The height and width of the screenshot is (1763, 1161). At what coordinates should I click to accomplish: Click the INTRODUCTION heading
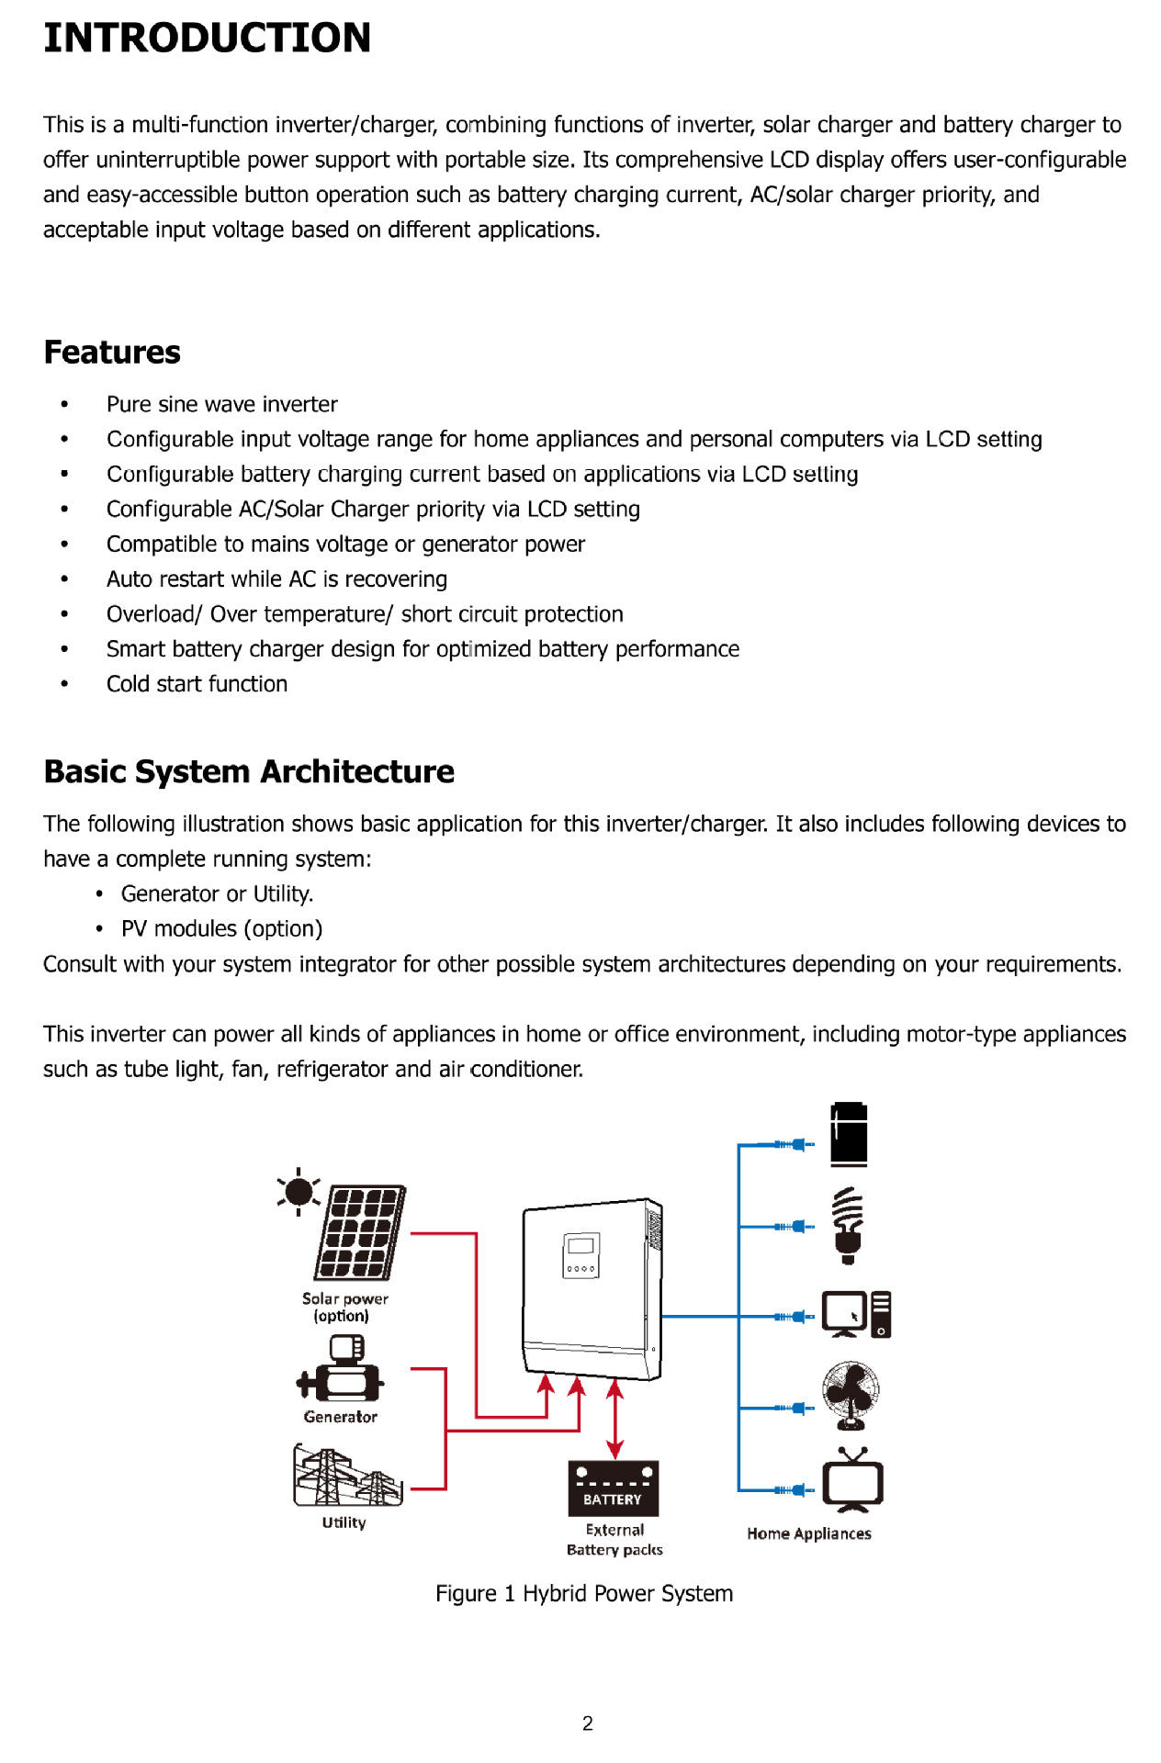point(207,39)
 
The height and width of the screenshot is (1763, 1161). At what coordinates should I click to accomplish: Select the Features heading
point(112,353)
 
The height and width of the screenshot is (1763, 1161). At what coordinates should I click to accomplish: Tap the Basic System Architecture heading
point(249,772)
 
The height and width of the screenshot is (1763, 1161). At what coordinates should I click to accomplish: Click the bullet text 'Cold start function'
point(197,684)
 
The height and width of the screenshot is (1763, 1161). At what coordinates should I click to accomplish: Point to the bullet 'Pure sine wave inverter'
point(221,405)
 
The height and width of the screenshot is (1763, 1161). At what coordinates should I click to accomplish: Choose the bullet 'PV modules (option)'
point(221,929)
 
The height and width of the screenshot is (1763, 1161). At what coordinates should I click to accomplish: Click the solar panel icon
point(360,1233)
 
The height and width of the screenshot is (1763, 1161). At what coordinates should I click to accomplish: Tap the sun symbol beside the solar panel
point(299,1192)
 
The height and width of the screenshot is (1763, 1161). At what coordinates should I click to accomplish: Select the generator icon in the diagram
point(340,1370)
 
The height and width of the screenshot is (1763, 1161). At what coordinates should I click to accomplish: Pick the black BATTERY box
point(613,1488)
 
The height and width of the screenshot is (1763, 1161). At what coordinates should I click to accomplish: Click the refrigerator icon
point(849,1135)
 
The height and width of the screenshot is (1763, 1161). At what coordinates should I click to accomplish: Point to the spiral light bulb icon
point(848,1225)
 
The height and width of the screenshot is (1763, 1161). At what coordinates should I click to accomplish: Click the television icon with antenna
point(852,1480)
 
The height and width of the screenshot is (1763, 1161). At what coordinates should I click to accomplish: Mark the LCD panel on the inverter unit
point(581,1254)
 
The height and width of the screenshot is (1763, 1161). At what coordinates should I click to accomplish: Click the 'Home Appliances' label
point(808,1534)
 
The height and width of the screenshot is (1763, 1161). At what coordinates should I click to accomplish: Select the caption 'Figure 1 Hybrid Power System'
point(584,1594)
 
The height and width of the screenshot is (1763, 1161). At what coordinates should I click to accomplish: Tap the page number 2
point(588,1724)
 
